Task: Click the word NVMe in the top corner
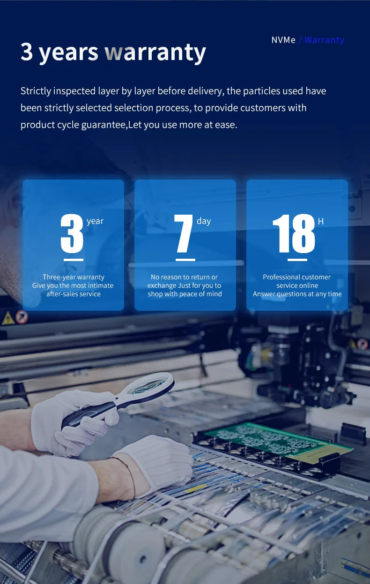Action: [x=283, y=40]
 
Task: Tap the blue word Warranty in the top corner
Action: [x=324, y=40]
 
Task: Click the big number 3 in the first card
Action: [x=72, y=234]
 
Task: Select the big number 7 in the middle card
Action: [x=184, y=234]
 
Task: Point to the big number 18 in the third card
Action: [x=294, y=234]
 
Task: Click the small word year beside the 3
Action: [x=95, y=221]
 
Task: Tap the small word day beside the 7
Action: [x=204, y=221]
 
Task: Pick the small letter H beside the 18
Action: [x=321, y=221]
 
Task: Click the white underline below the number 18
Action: [x=297, y=259]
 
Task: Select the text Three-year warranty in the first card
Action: [x=74, y=277]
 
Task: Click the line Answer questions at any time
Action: [x=297, y=294]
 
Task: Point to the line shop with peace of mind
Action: [x=185, y=294]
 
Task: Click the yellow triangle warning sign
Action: [x=8, y=319]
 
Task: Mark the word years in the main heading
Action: [x=68, y=52]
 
